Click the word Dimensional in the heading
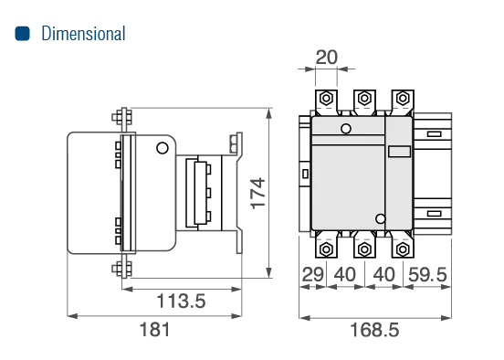pyautogui.click(x=83, y=34)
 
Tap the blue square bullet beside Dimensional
pyautogui.click(x=23, y=34)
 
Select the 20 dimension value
pyautogui.click(x=327, y=58)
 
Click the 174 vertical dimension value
pyautogui.click(x=257, y=194)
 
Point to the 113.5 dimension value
pyautogui.click(x=181, y=302)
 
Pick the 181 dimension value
pyautogui.click(x=154, y=330)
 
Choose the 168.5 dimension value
pyautogui.click(x=374, y=330)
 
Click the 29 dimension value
pyautogui.click(x=313, y=274)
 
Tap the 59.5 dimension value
pyautogui.click(x=427, y=274)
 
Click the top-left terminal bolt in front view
pyautogui.click(x=326, y=98)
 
